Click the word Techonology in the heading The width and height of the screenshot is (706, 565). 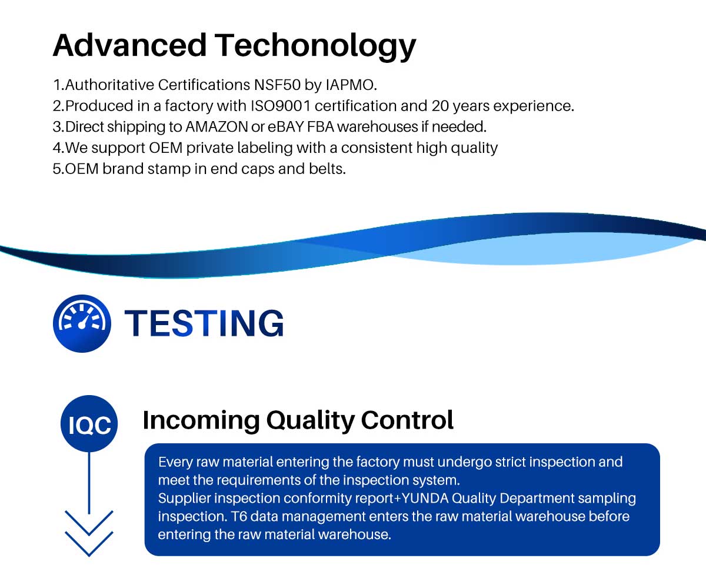315,46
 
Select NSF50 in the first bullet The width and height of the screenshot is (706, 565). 277,85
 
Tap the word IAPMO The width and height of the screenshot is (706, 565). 351,85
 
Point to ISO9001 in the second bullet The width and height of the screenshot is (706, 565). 281,106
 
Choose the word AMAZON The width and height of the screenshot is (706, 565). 217,127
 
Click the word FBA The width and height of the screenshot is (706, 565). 321,127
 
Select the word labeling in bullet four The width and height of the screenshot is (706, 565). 265,148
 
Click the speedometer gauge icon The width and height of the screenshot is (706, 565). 82,323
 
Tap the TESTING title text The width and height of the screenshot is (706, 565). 204,323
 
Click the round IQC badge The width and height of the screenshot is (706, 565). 89,423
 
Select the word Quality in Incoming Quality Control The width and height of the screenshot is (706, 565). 311,420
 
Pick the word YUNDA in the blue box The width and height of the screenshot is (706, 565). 425,498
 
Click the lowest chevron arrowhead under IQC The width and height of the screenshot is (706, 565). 89,544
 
